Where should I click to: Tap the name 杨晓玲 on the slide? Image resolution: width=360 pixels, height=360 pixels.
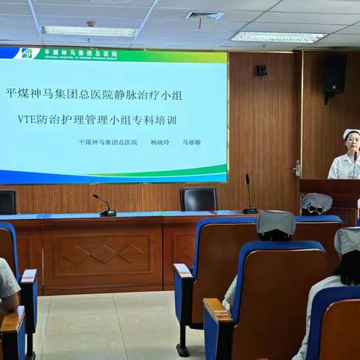(x=160, y=142)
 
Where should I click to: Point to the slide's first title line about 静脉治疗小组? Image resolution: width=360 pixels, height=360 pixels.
(x=94, y=94)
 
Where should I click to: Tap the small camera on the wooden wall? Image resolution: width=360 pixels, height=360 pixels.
(x=262, y=70)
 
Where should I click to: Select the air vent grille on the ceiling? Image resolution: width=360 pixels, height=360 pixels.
(x=204, y=15)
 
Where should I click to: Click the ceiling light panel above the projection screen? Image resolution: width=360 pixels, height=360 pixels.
(x=89, y=31)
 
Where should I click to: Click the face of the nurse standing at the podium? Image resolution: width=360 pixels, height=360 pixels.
(x=351, y=145)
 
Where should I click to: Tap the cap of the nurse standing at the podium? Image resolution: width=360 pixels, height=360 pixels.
(x=351, y=133)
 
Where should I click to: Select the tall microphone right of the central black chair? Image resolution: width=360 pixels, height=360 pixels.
(x=249, y=195)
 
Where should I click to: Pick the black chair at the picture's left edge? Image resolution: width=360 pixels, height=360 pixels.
(x=7, y=202)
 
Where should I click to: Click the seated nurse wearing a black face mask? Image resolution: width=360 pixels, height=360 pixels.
(x=315, y=203)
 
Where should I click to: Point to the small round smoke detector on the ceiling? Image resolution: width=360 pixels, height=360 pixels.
(x=91, y=23)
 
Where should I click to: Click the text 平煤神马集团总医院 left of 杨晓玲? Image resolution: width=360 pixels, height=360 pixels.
(x=108, y=142)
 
